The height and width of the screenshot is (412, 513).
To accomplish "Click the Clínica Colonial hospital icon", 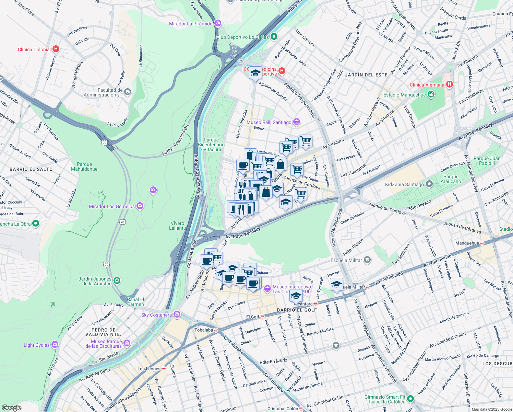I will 56,49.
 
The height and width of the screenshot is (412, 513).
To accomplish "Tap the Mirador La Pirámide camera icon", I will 217,23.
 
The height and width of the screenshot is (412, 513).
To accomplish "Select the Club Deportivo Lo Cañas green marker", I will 274,36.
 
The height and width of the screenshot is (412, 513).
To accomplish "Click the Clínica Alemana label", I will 427,85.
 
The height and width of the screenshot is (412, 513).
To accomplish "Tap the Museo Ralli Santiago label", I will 269,122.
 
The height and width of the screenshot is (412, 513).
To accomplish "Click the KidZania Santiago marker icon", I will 429,184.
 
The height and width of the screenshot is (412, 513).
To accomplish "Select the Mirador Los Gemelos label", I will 112,206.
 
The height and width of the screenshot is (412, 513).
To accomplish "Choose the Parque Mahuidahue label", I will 84,167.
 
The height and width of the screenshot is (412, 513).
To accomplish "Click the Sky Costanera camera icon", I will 177,314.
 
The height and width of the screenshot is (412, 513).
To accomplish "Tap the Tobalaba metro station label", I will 204,330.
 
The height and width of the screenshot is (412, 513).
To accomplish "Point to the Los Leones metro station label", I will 149,369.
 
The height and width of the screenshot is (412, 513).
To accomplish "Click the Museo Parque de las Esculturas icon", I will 127,343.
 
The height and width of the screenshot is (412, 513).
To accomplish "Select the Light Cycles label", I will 36,345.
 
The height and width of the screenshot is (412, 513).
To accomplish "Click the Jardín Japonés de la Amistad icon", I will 117,281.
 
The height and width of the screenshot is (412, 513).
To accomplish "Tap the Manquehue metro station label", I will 467,243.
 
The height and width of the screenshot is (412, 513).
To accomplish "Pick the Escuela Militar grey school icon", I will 367,260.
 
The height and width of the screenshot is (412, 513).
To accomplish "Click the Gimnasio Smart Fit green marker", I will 410,399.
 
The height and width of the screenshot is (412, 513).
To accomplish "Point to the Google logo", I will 11,408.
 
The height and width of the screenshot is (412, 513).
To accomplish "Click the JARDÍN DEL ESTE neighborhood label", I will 366,75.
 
